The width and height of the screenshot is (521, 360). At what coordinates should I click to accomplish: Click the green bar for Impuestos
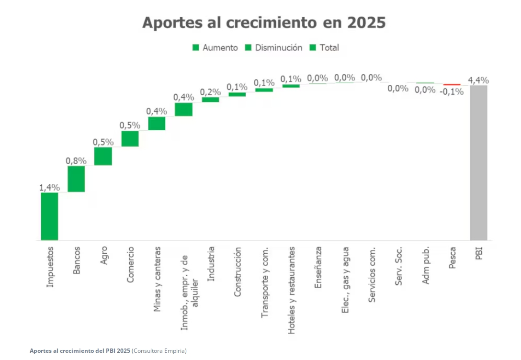(49, 216)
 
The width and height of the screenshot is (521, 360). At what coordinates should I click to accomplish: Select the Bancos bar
(76, 179)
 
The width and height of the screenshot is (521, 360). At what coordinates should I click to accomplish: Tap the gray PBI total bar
(478, 162)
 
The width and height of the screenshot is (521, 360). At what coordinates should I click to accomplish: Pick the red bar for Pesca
(452, 85)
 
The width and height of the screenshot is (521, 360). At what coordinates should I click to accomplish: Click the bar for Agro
(103, 156)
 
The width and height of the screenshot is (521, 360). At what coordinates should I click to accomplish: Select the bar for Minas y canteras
(157, 124)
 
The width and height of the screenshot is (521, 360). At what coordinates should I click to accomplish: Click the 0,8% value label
(76, 160)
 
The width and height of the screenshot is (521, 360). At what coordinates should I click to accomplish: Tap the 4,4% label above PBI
(478, 79)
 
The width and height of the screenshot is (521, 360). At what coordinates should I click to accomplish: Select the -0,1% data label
(452, 92)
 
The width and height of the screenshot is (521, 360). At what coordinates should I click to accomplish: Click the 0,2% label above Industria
(210, 91)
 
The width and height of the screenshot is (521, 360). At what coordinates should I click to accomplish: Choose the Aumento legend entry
(215, 47)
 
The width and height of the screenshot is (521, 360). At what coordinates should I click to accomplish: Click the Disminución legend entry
(273, 47)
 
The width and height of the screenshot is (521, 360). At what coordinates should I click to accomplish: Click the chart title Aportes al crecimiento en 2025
(264, 22)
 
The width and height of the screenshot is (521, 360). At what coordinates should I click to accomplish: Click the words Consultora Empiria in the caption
(159, 351)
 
